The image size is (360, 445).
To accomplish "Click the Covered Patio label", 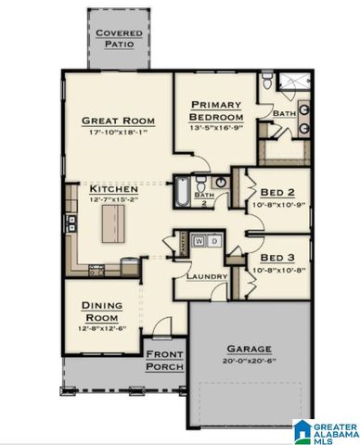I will pyautogui.click(x=118, y=38).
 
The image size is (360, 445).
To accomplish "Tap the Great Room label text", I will pyautogui.click(x=117, y=121).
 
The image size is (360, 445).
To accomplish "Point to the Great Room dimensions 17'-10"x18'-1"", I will pyautogui.click(x=118, y=133).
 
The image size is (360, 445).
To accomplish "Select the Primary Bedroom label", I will pyautogui.click(x=216, y=112).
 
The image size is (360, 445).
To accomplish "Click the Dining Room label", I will pyautogui.click(x=102, y=310).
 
